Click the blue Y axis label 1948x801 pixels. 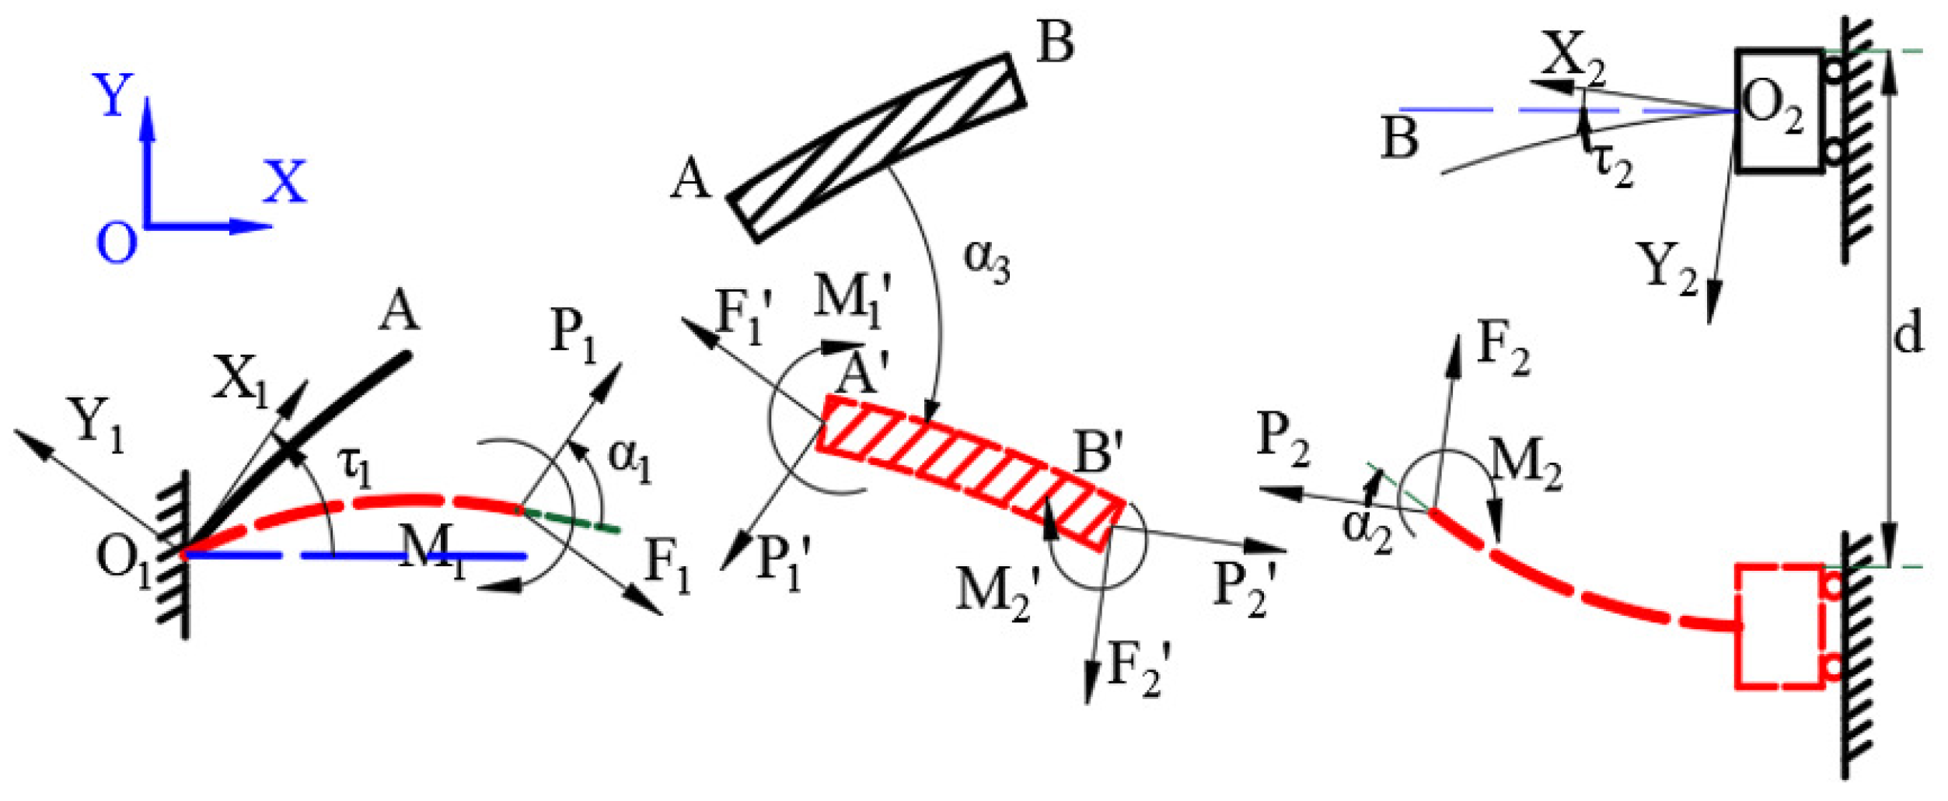coord(113,95)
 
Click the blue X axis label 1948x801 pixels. coord(285,183)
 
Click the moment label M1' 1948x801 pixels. coord(851,298)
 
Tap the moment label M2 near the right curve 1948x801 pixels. coord(1525,466)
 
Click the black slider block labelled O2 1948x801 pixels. coord(1779,110)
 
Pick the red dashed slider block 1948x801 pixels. coord(1779,626)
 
